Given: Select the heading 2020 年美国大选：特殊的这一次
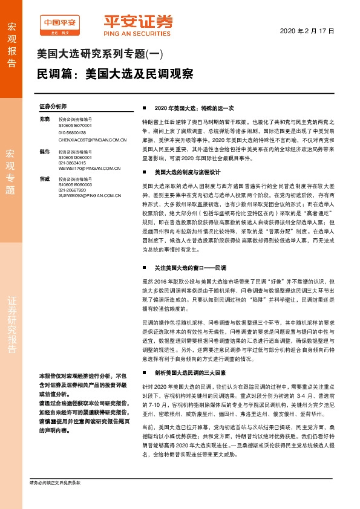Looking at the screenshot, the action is pyautogui.click(x=194, y=107).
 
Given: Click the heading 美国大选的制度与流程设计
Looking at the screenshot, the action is pyautogui.click(x=184, y=172).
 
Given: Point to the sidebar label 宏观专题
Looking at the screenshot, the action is pyautogui.click(x=10, y=171).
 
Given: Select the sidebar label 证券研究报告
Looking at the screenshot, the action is pyautogui.click(x=11, y=325).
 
